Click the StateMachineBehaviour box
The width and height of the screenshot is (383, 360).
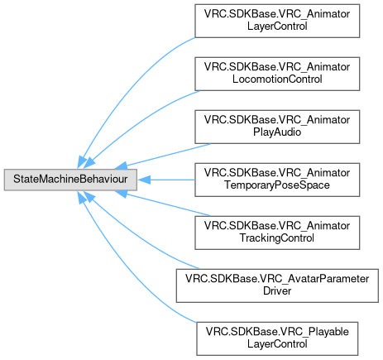click(70, 180)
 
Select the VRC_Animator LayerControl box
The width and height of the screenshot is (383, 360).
click(277, 21)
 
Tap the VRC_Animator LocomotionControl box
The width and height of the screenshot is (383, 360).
click(277, 74)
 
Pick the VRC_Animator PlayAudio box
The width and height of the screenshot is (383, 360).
click(277, 127)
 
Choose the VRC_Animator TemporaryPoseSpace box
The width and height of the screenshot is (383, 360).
click(277, 180)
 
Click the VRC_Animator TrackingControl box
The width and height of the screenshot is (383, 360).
click(277, 233)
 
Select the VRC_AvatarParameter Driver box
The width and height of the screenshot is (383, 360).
click(277, 286)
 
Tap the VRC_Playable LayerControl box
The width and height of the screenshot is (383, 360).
click(277, 338)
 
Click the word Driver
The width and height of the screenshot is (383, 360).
click(277, 291)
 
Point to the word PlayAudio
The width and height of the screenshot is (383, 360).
click(277, 132)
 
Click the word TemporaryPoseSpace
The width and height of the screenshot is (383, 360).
click(277, 185)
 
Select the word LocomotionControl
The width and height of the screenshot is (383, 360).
click(277, 79)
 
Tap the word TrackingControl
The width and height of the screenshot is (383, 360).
click(277, 238)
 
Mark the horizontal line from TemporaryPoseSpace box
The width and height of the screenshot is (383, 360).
click(172, 180)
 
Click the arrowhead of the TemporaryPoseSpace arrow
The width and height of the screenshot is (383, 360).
click(144, 180)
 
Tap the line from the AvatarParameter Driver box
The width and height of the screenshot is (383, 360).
click(141, 238)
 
